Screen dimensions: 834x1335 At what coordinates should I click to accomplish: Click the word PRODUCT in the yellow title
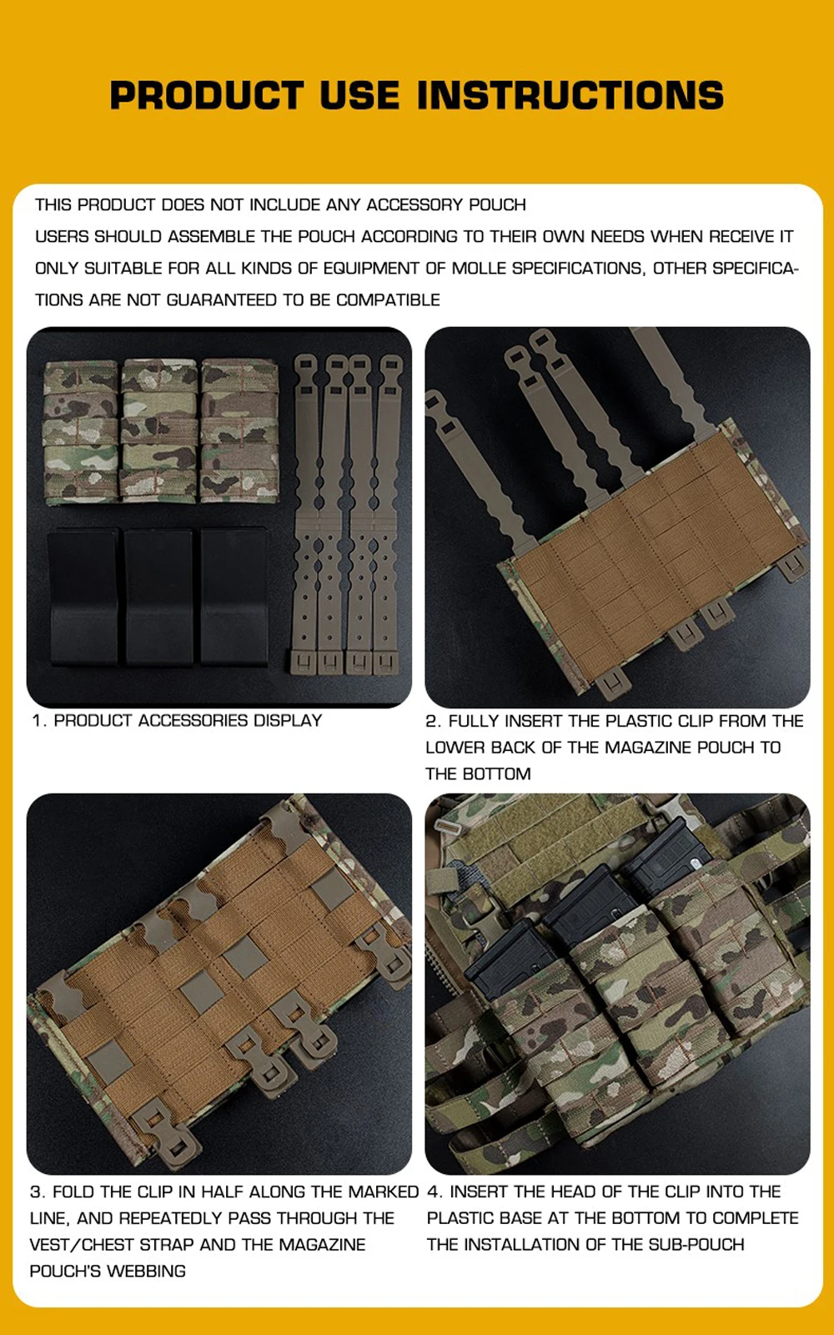208,95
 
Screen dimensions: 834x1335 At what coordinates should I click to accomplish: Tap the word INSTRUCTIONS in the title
570,95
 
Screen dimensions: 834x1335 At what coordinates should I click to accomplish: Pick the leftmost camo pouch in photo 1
81,432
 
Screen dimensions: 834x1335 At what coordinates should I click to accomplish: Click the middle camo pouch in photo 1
159,431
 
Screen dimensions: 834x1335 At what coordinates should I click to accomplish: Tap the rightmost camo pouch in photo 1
239,431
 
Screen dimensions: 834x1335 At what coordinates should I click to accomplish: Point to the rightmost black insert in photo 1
234,596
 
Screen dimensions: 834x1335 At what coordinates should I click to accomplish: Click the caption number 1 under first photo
38,721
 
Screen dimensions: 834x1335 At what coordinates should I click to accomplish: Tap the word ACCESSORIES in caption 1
193,721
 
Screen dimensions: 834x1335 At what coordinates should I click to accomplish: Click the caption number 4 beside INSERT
435,1192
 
